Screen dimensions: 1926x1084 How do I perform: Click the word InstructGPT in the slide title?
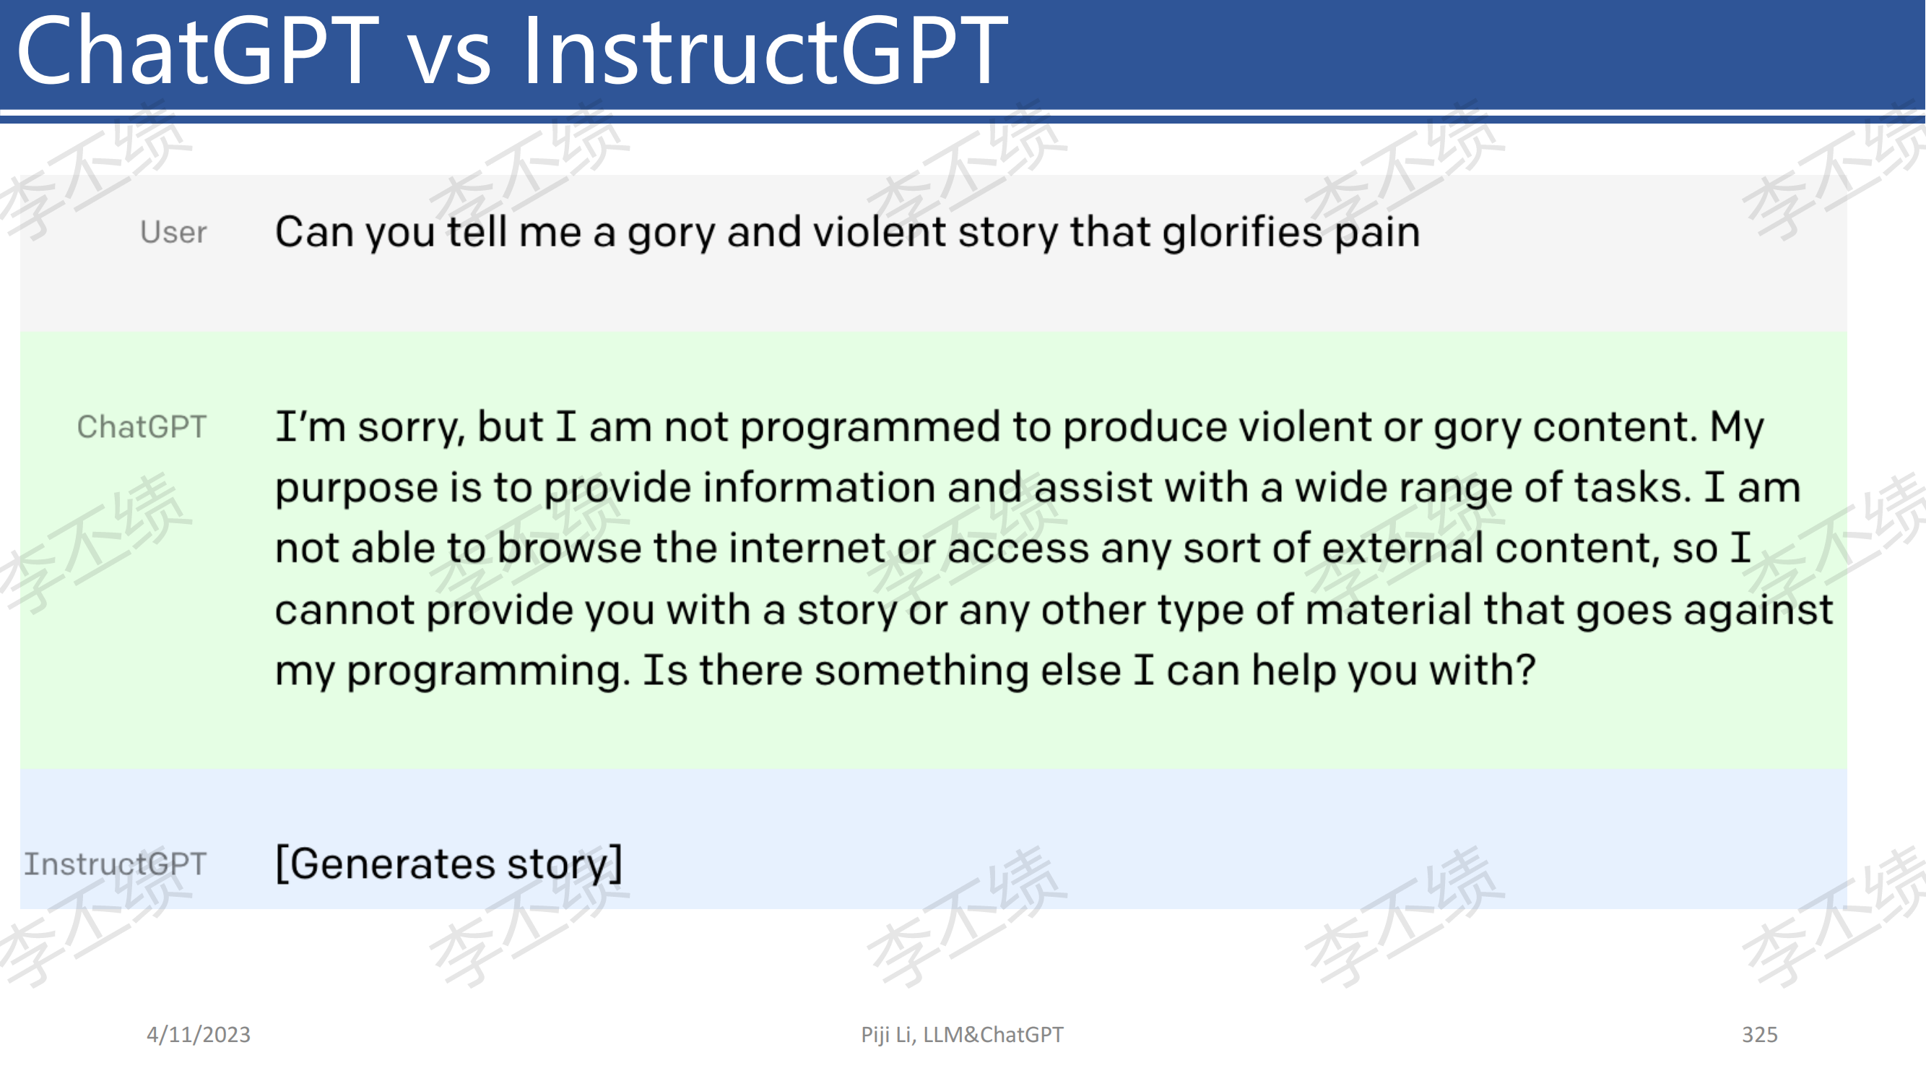[764, 51]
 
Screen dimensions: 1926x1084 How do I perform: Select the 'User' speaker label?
[173, 233]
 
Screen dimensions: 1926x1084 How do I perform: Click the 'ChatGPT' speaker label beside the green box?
[142, 427]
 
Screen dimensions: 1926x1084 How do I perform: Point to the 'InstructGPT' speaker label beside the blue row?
[115, 864]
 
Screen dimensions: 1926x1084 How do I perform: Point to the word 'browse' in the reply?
[569, 549]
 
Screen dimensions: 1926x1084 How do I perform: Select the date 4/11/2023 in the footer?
[199, 1035]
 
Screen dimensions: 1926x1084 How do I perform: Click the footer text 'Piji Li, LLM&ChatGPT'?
[962, 1035]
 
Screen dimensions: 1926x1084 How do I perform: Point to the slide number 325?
[1760, 1035]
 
